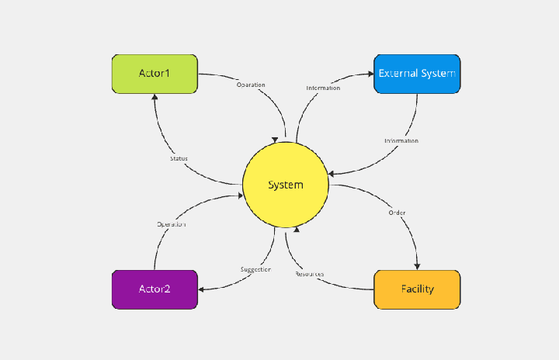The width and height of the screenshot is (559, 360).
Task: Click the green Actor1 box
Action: click(155, 74)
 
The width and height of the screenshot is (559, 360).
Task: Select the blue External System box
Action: click(417, 74)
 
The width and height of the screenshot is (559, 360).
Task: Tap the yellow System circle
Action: click(285, 185)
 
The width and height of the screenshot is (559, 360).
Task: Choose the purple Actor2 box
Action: click(155, 289)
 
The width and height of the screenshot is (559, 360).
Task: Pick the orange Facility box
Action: click(417, 289)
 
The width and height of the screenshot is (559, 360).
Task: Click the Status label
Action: click(179, 158)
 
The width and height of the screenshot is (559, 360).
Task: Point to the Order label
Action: click(397, 213)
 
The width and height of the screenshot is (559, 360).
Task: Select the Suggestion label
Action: click(255, 269)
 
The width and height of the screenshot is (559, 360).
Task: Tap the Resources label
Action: click(310, 274)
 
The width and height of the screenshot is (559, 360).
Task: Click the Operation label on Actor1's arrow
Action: click(251, 85)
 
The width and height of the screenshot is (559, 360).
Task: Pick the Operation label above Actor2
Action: click(172, 224)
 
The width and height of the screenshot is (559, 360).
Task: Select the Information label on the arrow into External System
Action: click(323, 88)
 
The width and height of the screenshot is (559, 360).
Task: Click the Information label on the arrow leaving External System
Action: click(401, 140)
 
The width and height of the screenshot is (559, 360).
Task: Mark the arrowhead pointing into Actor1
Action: click(155, 99)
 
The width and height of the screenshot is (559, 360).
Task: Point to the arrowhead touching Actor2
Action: click(201, 289)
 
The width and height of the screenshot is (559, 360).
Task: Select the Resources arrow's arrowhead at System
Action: click(296, 230)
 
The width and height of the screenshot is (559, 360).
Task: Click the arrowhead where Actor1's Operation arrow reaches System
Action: click(275, 140)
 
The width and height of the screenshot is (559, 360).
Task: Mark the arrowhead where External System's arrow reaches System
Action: click(332, 175)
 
